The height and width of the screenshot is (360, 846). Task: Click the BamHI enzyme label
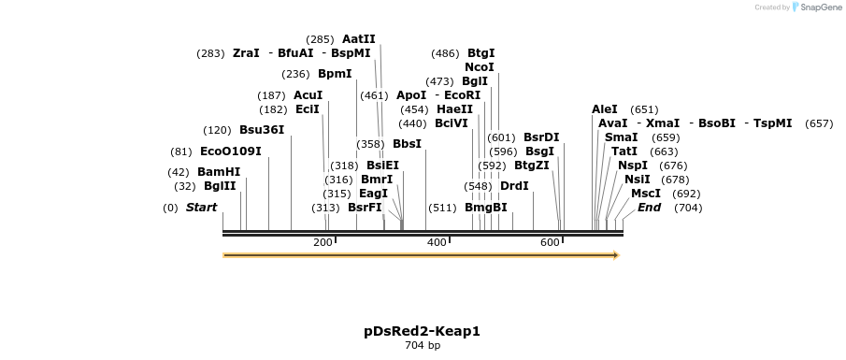coord(219,172)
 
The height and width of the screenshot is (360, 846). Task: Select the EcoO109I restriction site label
coord(230,151)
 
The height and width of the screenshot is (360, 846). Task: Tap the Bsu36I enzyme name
coord(262,130)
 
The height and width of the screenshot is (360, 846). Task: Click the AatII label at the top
coord(359,39)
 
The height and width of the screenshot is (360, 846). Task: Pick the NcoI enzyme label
coord(480,67)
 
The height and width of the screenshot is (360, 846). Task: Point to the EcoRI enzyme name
coord(462,95)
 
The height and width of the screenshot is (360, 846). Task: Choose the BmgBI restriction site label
coord(486,208)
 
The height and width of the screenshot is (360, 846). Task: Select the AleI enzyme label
coord(605,109)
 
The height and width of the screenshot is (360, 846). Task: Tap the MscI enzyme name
coord(646,194)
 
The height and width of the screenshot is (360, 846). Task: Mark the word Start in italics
coord(201,208)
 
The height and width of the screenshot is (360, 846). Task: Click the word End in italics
coord(650,208)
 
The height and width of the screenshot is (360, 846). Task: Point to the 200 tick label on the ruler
coord(323,242)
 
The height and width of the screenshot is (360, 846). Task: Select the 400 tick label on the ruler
coord(437,242)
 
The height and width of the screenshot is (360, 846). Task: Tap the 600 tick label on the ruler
coord(551,242)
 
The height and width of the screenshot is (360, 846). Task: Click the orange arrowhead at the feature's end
coord(615,254)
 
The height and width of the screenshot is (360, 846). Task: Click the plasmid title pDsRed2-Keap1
coord(422,331)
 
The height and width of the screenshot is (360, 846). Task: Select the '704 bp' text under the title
coord(422,346)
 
